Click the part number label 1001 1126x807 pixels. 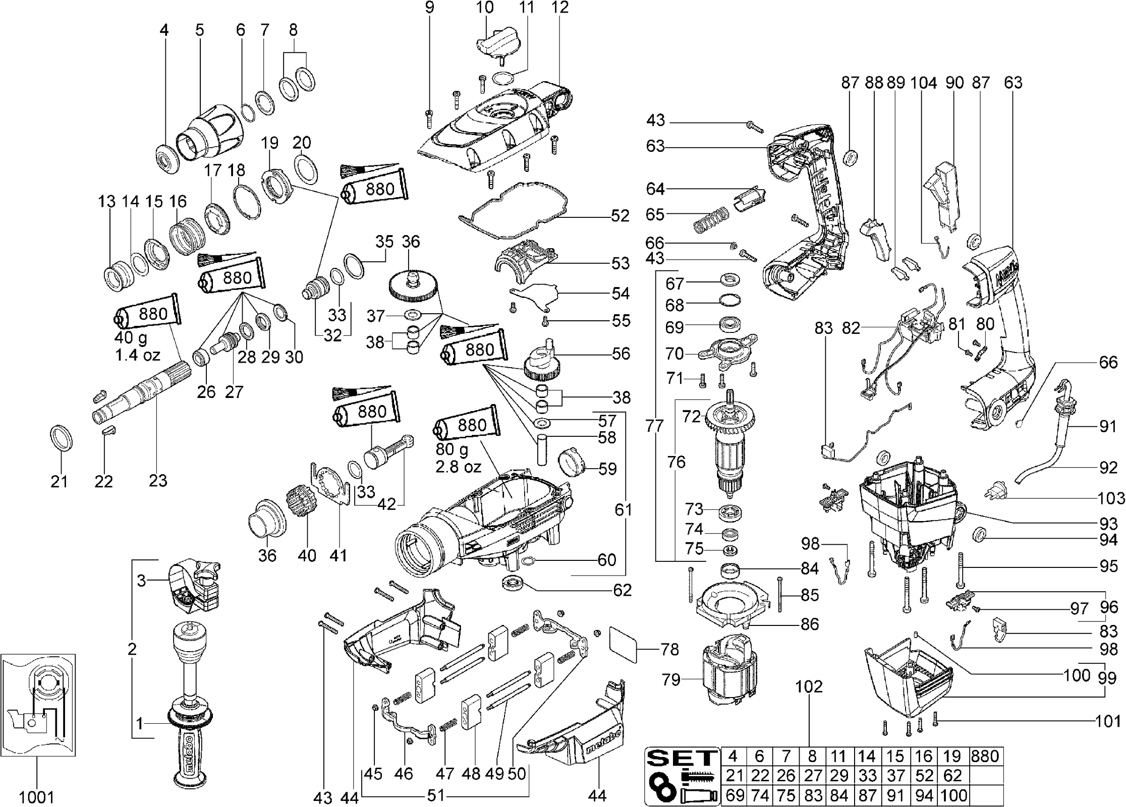coord(36,797)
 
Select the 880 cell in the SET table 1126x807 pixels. coord(985,756)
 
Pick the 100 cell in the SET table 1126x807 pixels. coord(953,795)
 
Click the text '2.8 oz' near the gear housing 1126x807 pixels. coord(459,467)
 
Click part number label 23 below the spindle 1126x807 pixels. coord(158,480)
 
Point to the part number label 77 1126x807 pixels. coord(654,426)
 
